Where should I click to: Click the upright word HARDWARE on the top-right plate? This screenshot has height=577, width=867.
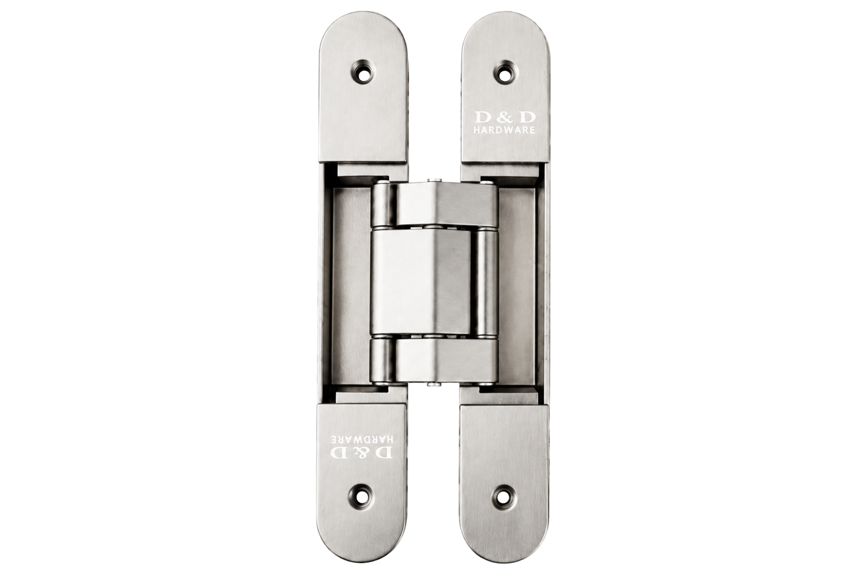tap(504, 130)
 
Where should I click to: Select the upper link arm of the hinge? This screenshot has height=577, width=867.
tap(446, 204)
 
